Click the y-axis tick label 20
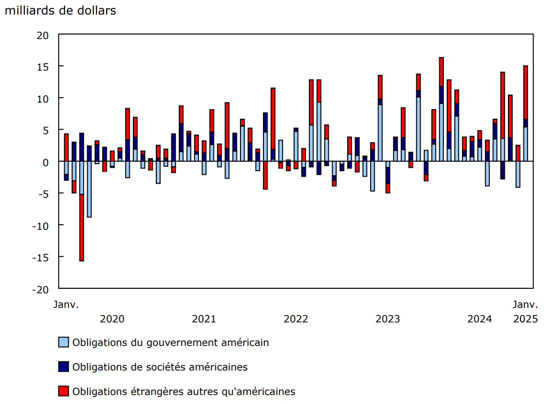tap(43, 35)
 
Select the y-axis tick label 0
tap(46, 162)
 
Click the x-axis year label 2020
tap(112, 319)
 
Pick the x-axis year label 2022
tap(296, 319)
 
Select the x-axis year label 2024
tap(479, 319)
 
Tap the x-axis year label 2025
tap(525, 319)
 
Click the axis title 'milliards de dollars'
tap(60, 11)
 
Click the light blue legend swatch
tap(64, 343)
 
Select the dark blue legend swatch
tap(64, 367)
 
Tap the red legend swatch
tap(64, 391)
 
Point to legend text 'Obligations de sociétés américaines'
tap(160, 367)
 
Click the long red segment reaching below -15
tap(82, 228)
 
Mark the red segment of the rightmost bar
tap(525, 92)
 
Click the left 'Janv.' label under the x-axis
tap(67, 304)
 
